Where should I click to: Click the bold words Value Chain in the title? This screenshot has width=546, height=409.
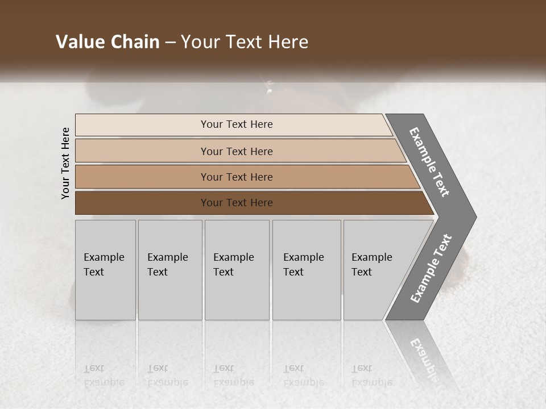107,42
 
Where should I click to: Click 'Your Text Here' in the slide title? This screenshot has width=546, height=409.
245,42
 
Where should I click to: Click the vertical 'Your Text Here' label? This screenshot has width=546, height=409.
65,163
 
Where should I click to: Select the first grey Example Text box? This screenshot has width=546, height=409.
105,270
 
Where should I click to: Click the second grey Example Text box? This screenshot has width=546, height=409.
170,270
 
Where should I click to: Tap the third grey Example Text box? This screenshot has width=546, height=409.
237,270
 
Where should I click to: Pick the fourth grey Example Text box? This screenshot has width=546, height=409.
307,270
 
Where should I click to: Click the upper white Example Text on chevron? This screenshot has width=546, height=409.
429,162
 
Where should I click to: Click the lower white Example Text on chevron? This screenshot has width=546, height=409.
431,269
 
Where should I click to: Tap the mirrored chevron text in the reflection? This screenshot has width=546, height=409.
424,358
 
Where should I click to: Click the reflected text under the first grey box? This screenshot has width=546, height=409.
104,375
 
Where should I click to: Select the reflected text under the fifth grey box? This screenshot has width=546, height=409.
371,375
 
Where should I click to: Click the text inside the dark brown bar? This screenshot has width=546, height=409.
237,203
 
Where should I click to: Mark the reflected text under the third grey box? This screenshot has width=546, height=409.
233,375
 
